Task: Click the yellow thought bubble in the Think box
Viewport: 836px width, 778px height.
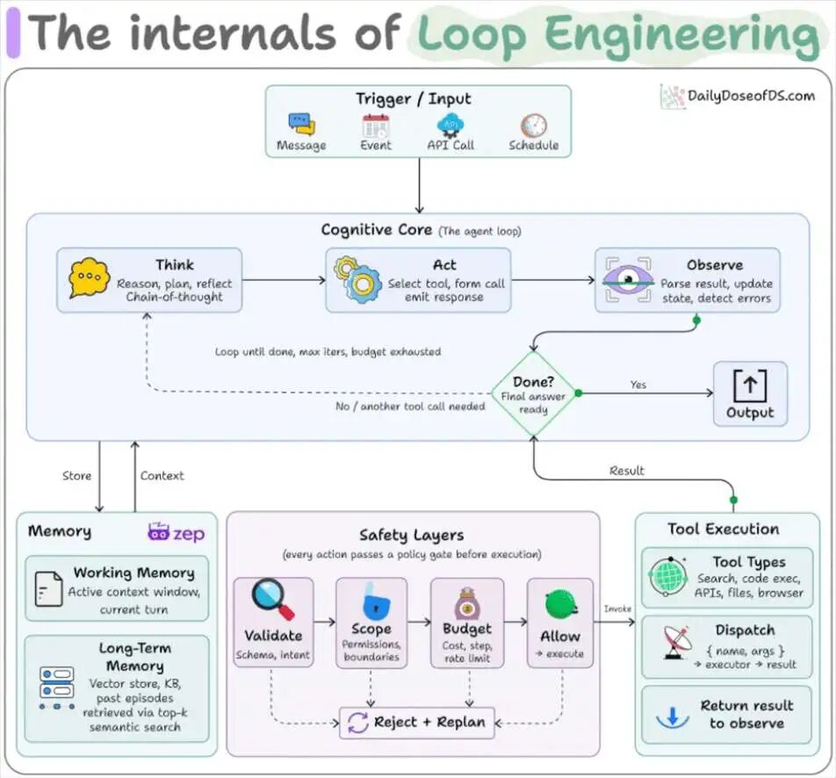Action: pos(89,277)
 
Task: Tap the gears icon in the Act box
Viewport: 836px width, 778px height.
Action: pos(357,279)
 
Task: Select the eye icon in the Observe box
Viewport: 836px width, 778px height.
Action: pos(628,279)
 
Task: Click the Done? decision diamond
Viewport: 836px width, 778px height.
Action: pos(533,393)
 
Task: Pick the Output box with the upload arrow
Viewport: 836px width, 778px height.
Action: pos(750,393)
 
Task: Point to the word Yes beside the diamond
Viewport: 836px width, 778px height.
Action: pos(638,385)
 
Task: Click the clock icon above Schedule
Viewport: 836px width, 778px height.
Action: pos(534,126)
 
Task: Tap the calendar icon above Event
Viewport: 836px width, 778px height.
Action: pos(376,126)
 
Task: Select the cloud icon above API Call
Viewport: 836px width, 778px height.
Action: pos(450,126)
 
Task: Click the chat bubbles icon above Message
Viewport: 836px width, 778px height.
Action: pos(302,124)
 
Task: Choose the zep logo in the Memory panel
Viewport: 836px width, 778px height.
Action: pos(176,533)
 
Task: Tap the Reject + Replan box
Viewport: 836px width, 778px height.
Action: pos(417,723)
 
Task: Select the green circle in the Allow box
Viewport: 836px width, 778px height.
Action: pos(560,604)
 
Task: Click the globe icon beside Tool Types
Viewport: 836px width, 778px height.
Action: pos(667,576)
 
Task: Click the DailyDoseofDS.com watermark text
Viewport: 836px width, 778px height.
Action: pos(751,96)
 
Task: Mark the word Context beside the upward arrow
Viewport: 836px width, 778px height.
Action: pos(162,476)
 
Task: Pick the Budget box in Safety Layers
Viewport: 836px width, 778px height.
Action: pos(467,623)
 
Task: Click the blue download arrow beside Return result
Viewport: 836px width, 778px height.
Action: pos(673,717)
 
